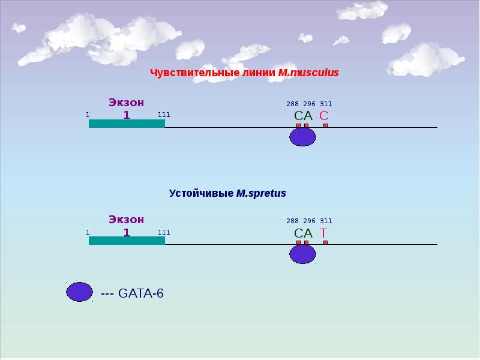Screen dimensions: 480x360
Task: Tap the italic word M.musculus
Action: [x=308, y=73]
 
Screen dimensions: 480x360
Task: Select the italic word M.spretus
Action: [x=261, y=193]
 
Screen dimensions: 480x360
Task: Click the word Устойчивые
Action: [x=201, y=193]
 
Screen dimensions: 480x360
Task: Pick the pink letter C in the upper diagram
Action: [x=324, y=116]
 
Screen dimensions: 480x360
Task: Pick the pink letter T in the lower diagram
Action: [x=323, y=233]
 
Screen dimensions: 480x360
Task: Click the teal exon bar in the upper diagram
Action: [x=127, y=124]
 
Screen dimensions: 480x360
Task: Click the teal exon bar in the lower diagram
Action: [x=127, y=241]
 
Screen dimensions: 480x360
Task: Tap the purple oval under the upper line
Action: [x=303, y=137]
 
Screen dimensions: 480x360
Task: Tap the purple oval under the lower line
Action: [x=303, y=254]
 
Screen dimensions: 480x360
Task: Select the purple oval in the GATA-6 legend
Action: [x=80, y=292]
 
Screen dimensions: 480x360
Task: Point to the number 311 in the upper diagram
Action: [x=326, y=104]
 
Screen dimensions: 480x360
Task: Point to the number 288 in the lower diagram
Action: [x=292, y=221]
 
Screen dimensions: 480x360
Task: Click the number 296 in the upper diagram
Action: [x=309, y=104]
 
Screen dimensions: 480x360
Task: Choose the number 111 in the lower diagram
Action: [x=164, y=232]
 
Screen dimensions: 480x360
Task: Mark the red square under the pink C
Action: [x=325, y=125]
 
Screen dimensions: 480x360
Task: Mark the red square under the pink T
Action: [x=325, y=242]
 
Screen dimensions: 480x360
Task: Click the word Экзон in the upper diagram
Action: [x=127, y=103]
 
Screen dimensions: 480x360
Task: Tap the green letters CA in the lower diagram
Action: [x=304, y=233]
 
